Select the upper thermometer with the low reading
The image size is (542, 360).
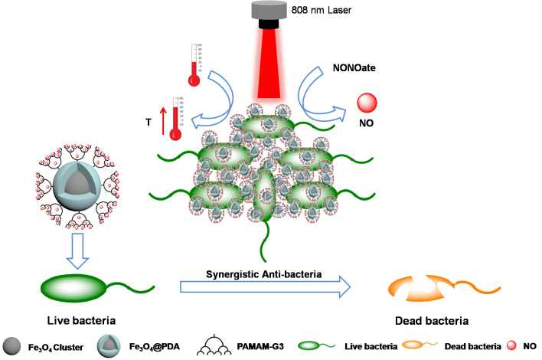pos(194,65)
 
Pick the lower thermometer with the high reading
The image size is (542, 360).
pos(176,119)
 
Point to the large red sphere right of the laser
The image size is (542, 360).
pos(367,103)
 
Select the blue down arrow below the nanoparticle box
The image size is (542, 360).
pos(77,252)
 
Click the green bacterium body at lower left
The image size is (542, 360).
pos(74,287)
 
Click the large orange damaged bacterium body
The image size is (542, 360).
pos(417,287)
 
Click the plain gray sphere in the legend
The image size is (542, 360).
pos(11,345)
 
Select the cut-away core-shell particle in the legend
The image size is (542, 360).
pos(108,345)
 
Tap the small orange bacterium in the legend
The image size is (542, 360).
pos(413,345)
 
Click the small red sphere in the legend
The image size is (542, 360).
pos(511,345)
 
